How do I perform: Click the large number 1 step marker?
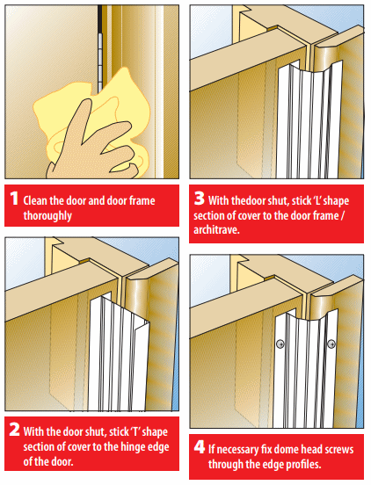coord(14,200)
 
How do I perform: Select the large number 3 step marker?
coord(200,200)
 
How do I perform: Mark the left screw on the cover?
coord(280,343)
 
